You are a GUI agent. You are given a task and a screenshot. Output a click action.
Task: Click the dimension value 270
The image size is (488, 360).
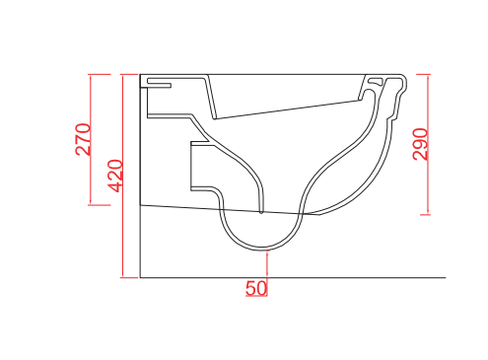(83, 139)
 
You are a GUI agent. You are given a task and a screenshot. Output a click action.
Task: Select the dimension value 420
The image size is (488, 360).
(116, 176)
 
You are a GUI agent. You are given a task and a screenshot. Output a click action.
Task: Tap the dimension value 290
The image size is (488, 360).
(420, 144)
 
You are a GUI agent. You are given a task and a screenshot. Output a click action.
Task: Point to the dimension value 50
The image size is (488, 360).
(256, 288)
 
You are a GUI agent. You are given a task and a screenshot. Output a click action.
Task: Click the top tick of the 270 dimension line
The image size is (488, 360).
(100, 74)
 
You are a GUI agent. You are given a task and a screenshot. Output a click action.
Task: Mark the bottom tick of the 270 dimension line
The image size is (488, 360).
(100, 205)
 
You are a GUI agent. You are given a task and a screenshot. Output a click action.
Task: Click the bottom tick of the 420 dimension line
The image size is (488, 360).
(129, 277)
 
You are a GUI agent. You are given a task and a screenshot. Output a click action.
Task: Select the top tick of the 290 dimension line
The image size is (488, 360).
(424, 74)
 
